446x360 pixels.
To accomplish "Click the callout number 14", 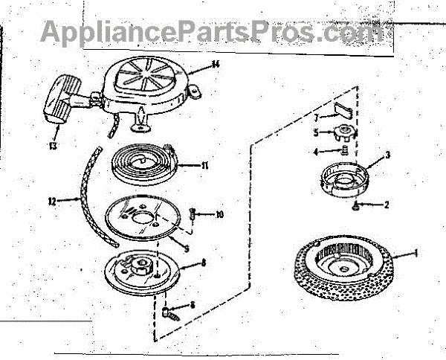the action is (x=215, y=64).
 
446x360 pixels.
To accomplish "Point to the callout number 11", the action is (x=204, y=165).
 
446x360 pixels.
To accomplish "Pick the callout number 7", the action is (x=315, y=117).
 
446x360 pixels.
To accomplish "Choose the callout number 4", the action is (x=315, y=152).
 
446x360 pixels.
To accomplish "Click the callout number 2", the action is (x=386, y=203).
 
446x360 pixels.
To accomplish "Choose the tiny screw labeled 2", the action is (x=358, y=204).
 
